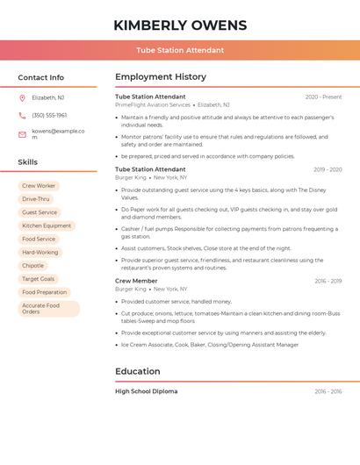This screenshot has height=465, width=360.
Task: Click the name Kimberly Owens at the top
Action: point(180,25)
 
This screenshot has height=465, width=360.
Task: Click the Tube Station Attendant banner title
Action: point(180,51)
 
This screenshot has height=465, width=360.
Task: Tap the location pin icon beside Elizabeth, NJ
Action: point(22,97)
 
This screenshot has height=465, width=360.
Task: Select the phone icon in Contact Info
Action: point(22,115)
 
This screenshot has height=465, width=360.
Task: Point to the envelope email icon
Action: point(22,134)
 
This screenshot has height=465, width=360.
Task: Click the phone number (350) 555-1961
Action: point(49,115)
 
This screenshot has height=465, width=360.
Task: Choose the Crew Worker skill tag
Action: point(39,186)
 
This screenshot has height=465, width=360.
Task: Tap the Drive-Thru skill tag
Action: point(36,199)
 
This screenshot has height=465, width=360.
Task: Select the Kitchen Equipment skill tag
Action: point(47,225)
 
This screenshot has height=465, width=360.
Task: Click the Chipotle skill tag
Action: point(33,265)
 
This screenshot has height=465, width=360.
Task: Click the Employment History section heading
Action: point(161,77)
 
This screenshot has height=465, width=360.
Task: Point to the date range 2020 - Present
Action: point(323,97)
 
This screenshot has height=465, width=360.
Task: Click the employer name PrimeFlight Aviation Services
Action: point(153,104)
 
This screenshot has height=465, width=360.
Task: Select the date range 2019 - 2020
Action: point(328,169)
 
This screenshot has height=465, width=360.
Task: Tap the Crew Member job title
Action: point(136,281)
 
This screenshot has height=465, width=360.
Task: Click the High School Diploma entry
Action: point(146,391)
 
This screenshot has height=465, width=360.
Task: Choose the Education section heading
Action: point(137,371)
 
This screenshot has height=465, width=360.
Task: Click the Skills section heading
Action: point(28,162)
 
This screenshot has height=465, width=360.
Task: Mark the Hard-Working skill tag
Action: point(40,252)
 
